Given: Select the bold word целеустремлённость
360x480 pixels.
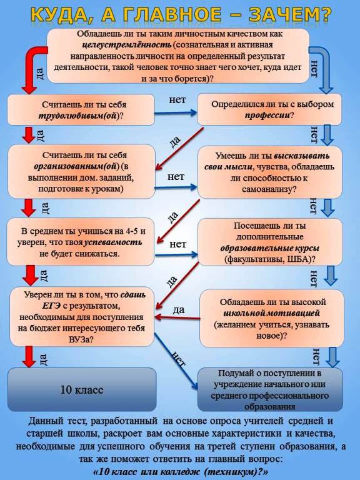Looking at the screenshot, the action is tap(127, 45).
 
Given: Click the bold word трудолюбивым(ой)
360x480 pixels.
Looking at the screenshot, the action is tap(79, 116).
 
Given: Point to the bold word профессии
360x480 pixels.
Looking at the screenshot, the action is tap(267, 116).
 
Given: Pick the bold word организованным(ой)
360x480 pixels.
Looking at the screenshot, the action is tap(76, 167).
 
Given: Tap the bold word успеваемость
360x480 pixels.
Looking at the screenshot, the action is tap(113, 242).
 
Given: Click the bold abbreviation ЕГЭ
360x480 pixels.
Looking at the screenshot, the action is tap(52, 306).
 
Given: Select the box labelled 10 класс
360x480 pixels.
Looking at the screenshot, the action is tap(82, 389).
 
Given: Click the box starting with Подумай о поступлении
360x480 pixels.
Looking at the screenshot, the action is tap(270, 389).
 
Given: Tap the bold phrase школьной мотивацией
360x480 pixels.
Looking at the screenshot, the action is tap(271, 313).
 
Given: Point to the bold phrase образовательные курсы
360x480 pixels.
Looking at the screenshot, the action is tap(270, 248).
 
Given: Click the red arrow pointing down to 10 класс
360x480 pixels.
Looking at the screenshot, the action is tap(29, 357).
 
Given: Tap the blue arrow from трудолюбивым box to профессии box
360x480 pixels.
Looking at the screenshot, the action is tap(176, 113).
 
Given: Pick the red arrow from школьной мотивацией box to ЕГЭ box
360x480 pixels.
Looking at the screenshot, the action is tap(177, 317).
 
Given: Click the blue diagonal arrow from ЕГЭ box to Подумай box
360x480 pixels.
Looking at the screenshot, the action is tap(176, 361).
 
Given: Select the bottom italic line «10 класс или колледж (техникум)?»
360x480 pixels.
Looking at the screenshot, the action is tap(180, 471).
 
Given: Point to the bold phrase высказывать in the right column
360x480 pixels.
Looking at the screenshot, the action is tap(301, 156).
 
